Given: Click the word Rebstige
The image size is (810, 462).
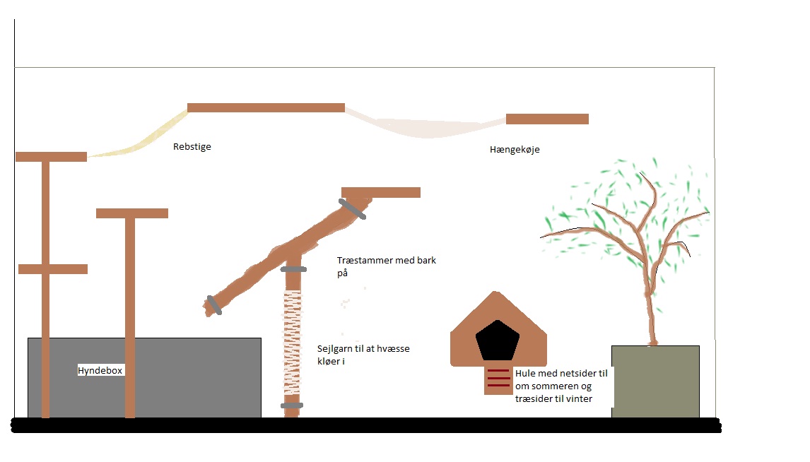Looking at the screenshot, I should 192,147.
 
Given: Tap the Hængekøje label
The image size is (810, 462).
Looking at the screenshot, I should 515,150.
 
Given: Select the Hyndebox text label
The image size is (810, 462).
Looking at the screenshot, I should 100,370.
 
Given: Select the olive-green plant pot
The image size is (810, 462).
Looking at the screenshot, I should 655,381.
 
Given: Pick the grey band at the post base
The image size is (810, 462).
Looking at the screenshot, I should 292,405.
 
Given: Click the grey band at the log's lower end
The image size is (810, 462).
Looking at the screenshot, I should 212,305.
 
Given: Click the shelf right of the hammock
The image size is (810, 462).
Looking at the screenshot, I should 547,119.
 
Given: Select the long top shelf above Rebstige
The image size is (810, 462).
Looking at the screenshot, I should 266,107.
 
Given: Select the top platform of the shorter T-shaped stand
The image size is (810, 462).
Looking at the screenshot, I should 132,213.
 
